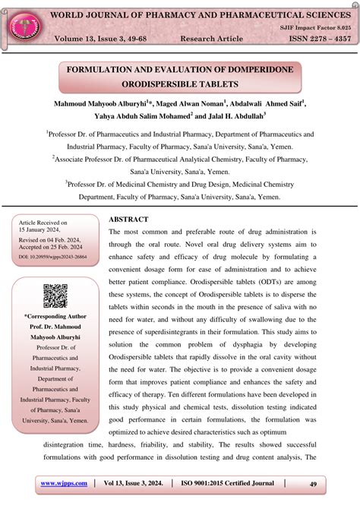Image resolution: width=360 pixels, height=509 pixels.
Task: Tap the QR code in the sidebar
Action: (x=55, y=296)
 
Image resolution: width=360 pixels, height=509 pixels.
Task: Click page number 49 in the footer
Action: (x=313, y=483)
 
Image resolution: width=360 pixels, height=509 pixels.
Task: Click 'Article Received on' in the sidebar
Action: (x=43, y=223)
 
